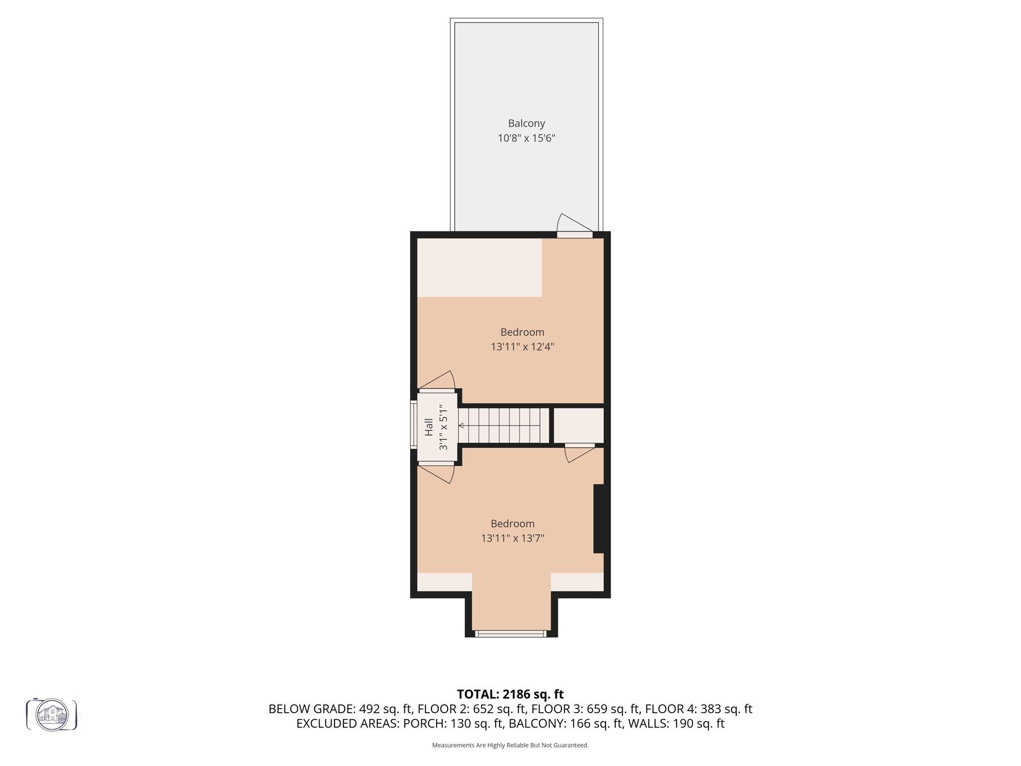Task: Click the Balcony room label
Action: pos(526,123)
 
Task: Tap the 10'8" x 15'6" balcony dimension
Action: pos(526,138)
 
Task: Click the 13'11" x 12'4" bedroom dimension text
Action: pos(522,347)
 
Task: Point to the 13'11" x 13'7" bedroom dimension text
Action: pos(512,538)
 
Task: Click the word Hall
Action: pos(429,427)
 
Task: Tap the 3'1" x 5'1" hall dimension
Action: pos(443,427)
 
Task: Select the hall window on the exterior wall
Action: pos(413,424)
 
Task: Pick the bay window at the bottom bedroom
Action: pos(510,634)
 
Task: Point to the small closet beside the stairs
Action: pos(578,425)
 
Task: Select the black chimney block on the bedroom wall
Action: pos(600,519)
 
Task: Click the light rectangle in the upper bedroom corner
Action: pos(479,268)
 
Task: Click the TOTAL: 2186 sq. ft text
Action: pos(510,694)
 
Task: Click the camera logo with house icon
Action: pos(52,715)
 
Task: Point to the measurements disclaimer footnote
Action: pos(510,745)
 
